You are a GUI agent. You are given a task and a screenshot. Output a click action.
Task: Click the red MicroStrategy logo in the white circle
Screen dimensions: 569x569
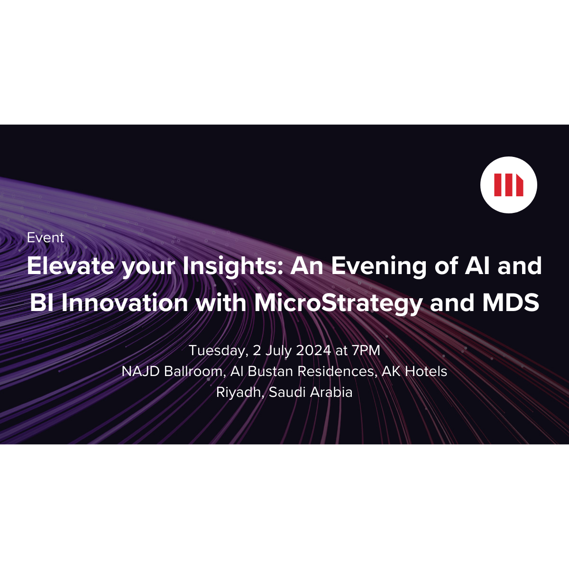[508, 185]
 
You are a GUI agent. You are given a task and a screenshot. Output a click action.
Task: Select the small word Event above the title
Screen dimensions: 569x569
[46, 238]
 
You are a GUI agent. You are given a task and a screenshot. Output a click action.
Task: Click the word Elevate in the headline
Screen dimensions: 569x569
[71, 266]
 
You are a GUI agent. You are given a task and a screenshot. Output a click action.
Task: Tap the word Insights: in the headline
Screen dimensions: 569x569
[233, 266]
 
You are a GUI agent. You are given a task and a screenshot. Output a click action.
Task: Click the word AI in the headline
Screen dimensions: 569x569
[477, 266]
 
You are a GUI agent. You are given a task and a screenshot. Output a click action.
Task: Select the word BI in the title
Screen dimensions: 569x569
[41, 303]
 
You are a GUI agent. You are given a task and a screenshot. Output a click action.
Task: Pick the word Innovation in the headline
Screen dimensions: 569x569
[125, 303]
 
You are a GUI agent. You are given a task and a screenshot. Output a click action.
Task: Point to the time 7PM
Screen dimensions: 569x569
[366, 350]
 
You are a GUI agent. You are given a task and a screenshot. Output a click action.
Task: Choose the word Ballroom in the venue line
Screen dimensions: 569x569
[194, 371]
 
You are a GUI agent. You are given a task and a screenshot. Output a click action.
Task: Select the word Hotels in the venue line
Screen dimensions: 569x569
[426, 371]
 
